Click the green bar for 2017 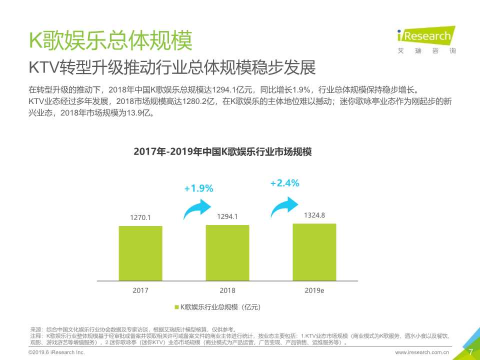(140, 253)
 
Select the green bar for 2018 (227, 253)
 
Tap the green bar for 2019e (314, 252)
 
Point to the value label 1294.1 (227, 216)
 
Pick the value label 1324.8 (314, 215)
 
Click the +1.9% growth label (198, 188)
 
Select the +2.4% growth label (284, 183)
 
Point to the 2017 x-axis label (140, 290)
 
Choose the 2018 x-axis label (227, 290)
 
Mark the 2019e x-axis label (314, 290)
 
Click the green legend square (176, 307)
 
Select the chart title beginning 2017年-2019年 (222, 152)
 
